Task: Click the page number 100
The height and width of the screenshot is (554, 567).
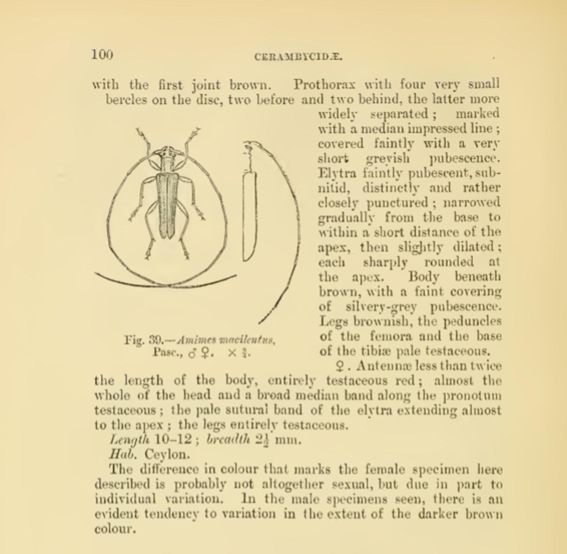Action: (x=102, y=55)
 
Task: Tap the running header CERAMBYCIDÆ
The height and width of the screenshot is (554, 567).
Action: (x=299, y=57)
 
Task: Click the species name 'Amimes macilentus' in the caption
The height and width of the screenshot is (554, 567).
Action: (x=226, y=340)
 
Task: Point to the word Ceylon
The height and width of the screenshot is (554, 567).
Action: (x=167, y=454)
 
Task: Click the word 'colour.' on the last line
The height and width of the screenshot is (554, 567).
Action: (x=114, y=529)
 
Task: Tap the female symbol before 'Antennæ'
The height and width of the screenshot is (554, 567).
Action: (x=339, y=366)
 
